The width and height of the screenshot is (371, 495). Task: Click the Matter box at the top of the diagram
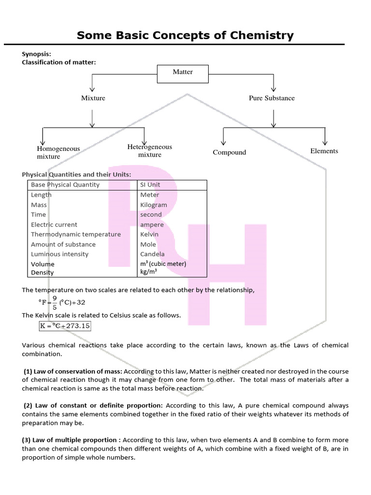[183, 72]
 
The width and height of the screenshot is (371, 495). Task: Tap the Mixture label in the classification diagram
[93, 98]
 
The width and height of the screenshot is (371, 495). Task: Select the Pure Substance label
[271, 98]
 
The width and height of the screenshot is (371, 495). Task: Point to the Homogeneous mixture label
[58, 152]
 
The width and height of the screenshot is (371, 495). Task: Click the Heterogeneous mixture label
[150, 151]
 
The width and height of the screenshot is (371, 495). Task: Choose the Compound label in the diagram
[229, 152]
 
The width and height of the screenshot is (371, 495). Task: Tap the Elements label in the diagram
[324, 151]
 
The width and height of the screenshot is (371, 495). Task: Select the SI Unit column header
[150, 185]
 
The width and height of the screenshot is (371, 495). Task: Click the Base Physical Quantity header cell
[65, 185]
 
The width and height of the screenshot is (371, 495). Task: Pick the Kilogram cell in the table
[154, 205]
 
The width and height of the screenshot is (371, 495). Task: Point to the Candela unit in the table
[152, 254]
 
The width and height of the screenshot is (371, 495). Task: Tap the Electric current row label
[54, 225]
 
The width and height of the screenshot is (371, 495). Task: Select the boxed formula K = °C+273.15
[65, 326]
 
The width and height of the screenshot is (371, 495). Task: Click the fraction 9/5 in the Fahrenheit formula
[55, 302]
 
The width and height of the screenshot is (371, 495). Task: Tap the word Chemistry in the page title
[254, 35]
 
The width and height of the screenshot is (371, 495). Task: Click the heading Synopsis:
[37, 54]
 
